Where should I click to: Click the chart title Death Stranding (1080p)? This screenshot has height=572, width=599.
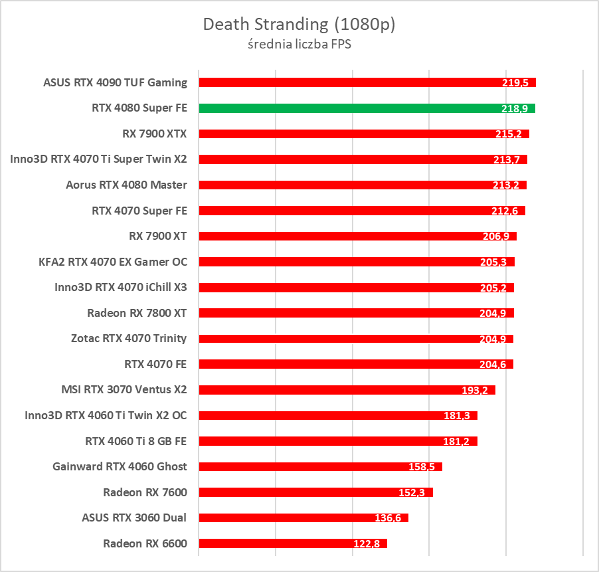click(299, 25)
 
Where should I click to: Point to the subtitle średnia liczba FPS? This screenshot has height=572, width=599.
click(299, 45)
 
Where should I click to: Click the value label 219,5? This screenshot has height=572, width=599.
click(515, 83)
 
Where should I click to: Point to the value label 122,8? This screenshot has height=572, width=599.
click(366, 544)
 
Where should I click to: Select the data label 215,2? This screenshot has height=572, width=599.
click(509, 134)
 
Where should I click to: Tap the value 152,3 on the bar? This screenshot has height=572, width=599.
click(412, 493)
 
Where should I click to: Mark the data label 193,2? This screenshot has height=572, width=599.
click(475, 390)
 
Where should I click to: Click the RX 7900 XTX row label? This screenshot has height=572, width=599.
click(155, 134)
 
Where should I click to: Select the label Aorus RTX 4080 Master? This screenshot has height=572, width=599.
click(127, 185)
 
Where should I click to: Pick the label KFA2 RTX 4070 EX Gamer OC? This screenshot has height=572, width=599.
click(113, 262)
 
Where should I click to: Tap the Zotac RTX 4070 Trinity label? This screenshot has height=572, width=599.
click(129, 338)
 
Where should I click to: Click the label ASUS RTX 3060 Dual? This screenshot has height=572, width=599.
click(134, 518)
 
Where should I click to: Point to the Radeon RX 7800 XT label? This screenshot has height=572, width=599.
click(137, 313)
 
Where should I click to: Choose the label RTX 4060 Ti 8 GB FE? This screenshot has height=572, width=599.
click(136, 440)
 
